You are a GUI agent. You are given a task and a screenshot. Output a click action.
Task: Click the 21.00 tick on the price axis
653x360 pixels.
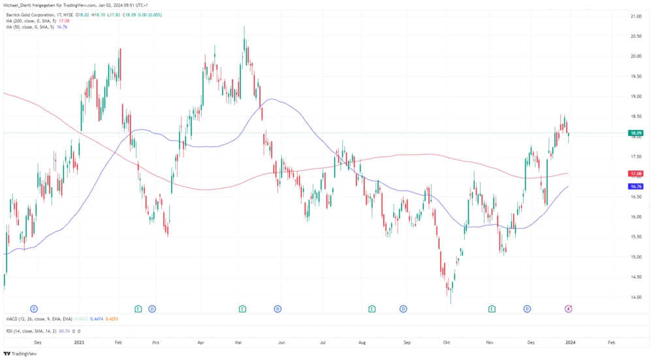635,16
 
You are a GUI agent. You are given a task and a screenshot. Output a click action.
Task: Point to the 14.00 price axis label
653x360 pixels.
635,297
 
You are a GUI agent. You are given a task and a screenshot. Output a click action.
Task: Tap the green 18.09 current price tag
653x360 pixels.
635,133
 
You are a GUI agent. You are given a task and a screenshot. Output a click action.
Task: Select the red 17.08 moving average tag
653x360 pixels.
635,174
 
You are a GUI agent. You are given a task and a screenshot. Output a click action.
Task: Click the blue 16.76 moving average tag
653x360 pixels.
635,186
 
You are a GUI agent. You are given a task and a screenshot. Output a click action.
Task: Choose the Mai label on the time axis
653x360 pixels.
238,342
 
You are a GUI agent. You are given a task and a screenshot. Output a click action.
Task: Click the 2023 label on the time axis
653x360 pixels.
80,342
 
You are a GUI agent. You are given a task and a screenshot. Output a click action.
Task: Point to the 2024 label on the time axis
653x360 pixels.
569,342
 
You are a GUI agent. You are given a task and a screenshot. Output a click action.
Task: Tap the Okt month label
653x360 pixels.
447,342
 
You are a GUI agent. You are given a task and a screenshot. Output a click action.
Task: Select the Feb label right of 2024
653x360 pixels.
611,342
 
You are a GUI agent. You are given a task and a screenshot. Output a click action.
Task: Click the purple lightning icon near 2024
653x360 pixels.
569,308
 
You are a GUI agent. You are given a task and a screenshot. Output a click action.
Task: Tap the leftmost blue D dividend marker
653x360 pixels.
33,308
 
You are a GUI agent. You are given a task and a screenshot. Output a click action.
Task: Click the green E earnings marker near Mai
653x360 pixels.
242,308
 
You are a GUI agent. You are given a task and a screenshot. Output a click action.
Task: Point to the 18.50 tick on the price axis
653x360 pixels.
635,116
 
